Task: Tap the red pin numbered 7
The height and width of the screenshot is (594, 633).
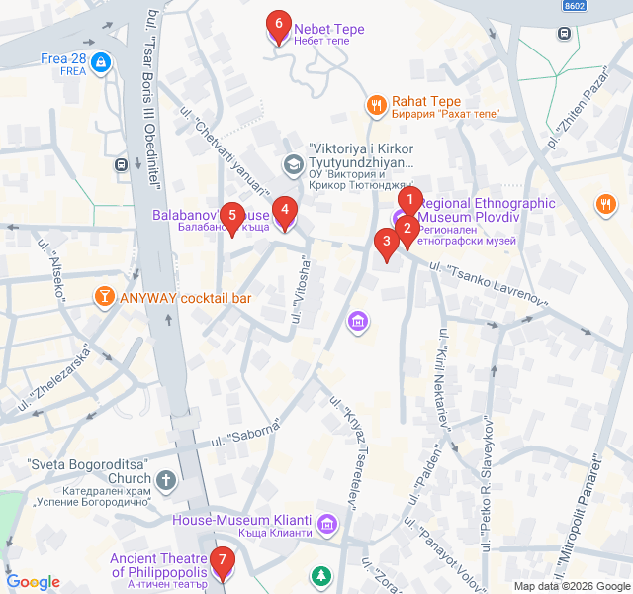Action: click(x=223, y=563)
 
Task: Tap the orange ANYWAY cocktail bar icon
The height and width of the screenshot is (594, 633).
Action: click(x=103, y=297)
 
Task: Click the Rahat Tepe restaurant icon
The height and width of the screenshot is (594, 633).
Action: click(x=376, y=104)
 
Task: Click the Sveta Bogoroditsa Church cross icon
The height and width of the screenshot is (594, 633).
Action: click(x=165, y=481)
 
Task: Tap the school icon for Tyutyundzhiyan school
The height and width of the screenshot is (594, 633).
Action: click(x=292, y=162)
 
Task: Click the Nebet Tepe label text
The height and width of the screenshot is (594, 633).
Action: click(x=328, y=29)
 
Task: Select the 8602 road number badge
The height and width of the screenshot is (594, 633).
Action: click(x=574, y=6)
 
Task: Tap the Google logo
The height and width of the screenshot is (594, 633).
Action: click(x=34, y=582)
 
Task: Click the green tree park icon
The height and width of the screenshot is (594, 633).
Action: click(x=320, y=575)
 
